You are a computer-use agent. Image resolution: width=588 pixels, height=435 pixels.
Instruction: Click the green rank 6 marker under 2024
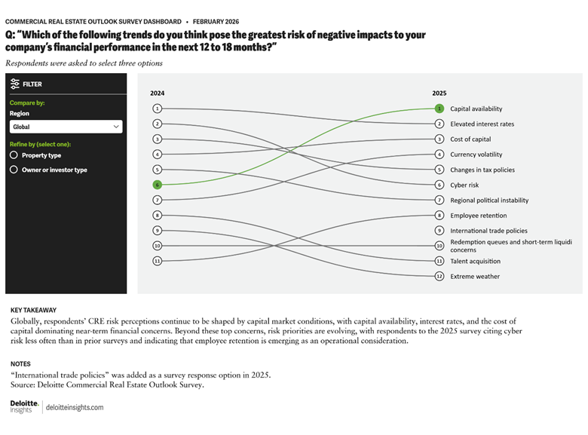[x=157, y=185]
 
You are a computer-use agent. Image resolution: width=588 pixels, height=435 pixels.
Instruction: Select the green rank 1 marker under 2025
[x=439, y=109]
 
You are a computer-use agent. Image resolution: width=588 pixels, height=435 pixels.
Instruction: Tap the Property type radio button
[x=14, y=155]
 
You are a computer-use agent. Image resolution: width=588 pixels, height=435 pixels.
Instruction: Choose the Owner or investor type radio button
[x=14, y=170]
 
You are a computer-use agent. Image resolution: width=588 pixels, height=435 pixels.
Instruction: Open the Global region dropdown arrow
[x=116, y=127]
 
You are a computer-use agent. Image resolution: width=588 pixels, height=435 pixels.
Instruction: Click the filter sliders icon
[x=14, y=84]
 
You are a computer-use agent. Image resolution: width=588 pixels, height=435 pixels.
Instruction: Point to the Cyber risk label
[x=464, y=185]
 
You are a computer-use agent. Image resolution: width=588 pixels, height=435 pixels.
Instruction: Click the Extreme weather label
[x=475, y=277]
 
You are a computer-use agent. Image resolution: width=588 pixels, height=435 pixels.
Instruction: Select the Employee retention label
[x=479, y=216]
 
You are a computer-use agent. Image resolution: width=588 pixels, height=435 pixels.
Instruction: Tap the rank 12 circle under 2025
[x=439, y=277]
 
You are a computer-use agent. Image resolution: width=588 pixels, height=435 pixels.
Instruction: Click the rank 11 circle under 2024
[x=157, y=261]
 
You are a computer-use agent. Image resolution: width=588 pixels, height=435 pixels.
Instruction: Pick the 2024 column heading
[x=157, y=93]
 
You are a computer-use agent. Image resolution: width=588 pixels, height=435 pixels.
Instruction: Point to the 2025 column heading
[x=439, y=93]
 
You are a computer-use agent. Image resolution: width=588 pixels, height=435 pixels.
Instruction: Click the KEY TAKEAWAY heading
[x=33, y=310]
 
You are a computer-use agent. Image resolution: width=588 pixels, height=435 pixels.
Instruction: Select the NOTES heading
[x=20, y=363]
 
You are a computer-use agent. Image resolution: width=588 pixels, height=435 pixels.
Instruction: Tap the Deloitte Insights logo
[x=24, y=407]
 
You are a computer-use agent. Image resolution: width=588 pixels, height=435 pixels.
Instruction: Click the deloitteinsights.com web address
[x=75, y=407]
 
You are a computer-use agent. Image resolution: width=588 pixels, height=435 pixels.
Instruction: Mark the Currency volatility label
[x=476, y=155]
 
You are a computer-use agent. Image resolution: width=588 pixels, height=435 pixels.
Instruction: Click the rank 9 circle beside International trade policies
[x=439, y=231]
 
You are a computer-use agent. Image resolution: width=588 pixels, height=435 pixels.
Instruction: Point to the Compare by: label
[x=27, y=103]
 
